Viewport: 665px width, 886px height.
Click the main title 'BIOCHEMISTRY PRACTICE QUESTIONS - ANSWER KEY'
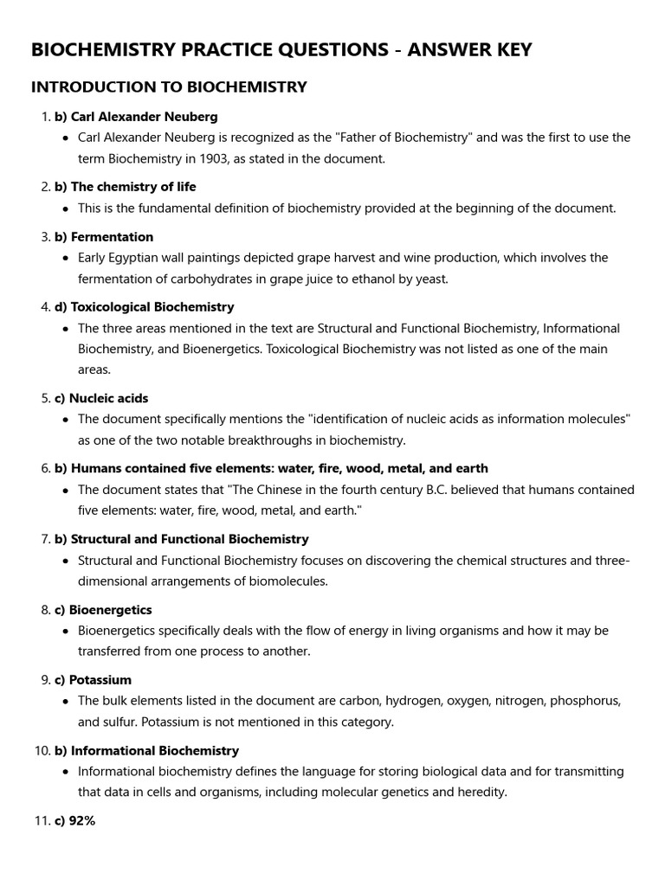pos(281,50)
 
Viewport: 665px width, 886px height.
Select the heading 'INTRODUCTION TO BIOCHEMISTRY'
pos(169,87)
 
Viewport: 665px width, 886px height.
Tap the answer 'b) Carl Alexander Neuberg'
pos(136,116)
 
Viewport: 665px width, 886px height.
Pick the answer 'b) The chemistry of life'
pos(126,187)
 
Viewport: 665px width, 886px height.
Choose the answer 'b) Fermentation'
pos(104,236)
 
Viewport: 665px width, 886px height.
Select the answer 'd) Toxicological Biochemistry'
pos(144,307)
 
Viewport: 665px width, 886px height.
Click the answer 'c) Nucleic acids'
pos(101,398)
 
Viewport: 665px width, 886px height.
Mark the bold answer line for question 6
pos(271,468)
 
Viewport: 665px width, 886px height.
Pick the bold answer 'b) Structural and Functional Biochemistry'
pos(181,539)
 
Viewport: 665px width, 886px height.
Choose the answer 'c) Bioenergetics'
pos(103,610)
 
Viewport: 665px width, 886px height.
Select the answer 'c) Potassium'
pos(94,680)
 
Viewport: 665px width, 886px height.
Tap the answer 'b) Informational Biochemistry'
pos(146,750)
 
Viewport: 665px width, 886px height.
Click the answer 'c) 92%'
pos(75,821)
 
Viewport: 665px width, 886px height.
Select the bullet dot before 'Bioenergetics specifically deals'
pos(67,632)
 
